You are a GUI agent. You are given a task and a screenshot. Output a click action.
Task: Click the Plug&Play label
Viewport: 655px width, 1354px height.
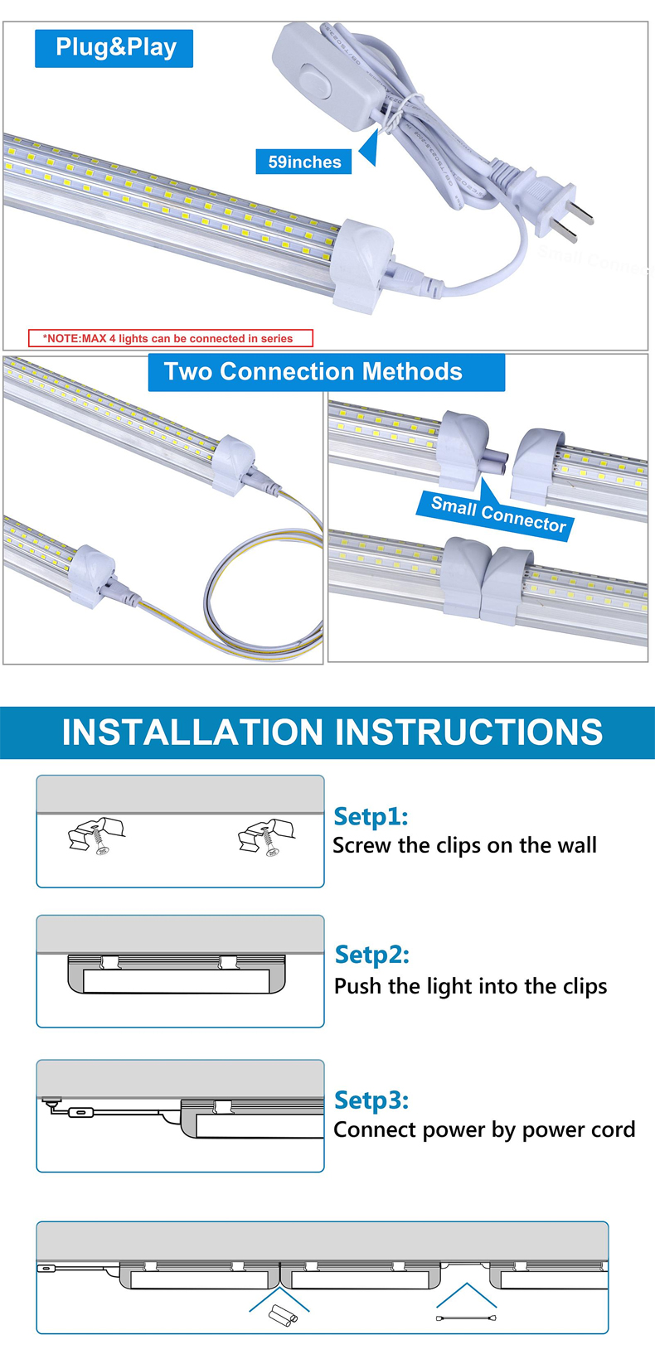click(x=114, y=48)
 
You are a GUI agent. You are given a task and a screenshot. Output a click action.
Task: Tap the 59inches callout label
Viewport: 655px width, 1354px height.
click(x=303, y=162)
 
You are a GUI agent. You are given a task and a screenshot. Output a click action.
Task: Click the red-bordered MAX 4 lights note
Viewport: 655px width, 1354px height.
click(x=171, y=338)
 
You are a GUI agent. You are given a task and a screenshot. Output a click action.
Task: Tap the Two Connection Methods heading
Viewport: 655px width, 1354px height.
click(x=326, y=372)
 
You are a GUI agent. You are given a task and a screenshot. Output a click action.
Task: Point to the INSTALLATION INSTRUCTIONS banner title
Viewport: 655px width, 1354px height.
click(x=332, y=732)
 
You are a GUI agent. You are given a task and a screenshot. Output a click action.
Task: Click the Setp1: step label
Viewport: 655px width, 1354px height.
click(x=371, y=816)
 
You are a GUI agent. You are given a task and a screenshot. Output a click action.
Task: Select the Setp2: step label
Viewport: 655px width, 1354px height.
click(x=372, y=955)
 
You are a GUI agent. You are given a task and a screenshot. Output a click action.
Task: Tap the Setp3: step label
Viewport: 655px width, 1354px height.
click(x=371, y=1100)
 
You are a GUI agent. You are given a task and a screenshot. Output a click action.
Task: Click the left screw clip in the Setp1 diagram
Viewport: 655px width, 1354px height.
click(x=96, y=835)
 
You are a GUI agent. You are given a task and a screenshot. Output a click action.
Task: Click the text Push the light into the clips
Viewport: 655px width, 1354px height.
click(x=471, y=986)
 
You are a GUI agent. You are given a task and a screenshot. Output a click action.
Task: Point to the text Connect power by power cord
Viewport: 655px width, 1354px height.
click(x=484, y=1129)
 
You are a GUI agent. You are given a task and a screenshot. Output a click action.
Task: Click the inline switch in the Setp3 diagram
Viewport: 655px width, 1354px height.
click(x=80, y=1112)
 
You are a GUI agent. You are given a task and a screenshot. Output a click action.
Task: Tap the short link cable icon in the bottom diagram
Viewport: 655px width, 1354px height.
click(x=466, y=1318)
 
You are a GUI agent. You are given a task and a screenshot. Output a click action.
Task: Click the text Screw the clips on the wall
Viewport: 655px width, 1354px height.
click(x=464, y=845)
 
